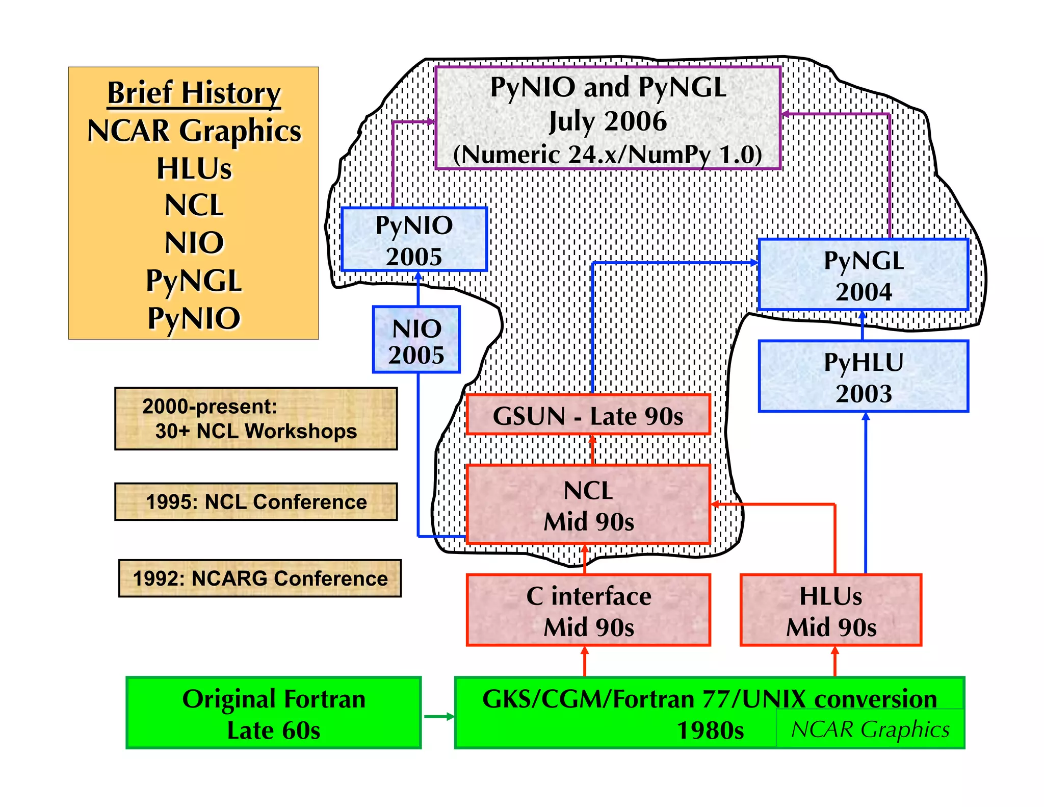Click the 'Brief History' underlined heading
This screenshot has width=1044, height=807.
[x=194, y=93]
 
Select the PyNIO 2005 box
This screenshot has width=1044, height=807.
[x=414, y=239]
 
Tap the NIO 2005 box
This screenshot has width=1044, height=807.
[x=416, y=340]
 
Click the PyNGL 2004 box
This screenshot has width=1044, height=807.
[x=863, y=275]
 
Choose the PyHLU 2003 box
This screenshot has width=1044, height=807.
[x=863, y=376]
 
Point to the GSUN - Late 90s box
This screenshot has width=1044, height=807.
[x=588, y=415]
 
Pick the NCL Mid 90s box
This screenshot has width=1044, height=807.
[x=588, y=505]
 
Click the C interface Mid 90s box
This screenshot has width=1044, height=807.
[x=588, y=610]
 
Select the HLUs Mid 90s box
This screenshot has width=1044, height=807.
[x=831, y=610]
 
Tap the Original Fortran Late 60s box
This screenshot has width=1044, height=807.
[x=274, y=713]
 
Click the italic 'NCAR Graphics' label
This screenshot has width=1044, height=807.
[x=870, y=729]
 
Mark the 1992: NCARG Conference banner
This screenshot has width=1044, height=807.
[x=260, y=578]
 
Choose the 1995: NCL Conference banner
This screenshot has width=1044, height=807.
[x=256, y=502]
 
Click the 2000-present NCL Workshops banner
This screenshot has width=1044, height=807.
[x=256, y=419]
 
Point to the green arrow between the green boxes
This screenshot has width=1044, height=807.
[x=438, y=716]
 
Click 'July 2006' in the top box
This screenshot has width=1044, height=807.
[x=608, y=121]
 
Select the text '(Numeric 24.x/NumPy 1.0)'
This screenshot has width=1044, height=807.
[x=608, y=155]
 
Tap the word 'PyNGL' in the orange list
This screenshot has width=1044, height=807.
[x=194, y=281]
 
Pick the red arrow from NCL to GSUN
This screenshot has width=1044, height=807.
[x=592, y=449]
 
